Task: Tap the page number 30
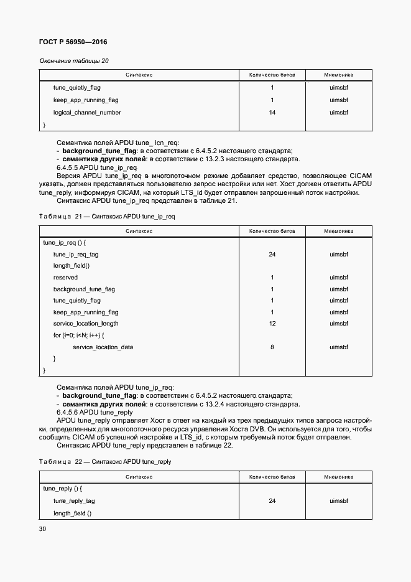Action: click(42, 528)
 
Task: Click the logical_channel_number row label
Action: click(87, 113)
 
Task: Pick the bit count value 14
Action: click(272, 113)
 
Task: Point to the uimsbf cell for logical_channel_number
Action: click(339, 113)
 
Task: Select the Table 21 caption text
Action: click(107, 216)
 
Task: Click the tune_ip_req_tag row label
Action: click(76, 255)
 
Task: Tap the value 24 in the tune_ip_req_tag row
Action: click(272, 255)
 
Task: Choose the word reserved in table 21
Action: click(65, 278)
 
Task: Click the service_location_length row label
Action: click(86, 324)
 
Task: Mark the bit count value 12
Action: click(272, 324)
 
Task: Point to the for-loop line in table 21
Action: click(78, 336)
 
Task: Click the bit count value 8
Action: click(272, 347)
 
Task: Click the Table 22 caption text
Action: click(104, 462)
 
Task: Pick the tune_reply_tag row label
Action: click(74, 500)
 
